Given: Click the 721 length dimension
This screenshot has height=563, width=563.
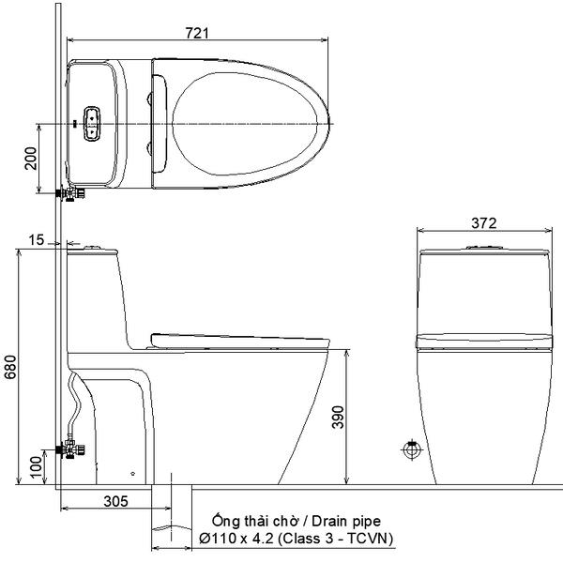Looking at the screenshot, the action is (197, 33).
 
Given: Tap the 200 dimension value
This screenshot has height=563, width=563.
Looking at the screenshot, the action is (31, 159).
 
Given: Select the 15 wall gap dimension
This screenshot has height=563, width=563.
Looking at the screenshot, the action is (37, 240).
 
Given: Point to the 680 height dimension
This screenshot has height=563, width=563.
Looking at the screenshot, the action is (10, 367).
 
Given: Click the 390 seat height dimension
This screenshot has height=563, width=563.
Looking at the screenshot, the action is (338, 418).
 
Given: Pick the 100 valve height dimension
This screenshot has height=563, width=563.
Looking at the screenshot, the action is (37, 466).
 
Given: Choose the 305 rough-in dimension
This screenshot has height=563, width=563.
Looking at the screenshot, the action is (115, 501).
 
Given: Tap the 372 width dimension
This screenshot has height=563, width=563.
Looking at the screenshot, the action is (483, 223).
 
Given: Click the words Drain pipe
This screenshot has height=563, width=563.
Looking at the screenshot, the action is (346, 522).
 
